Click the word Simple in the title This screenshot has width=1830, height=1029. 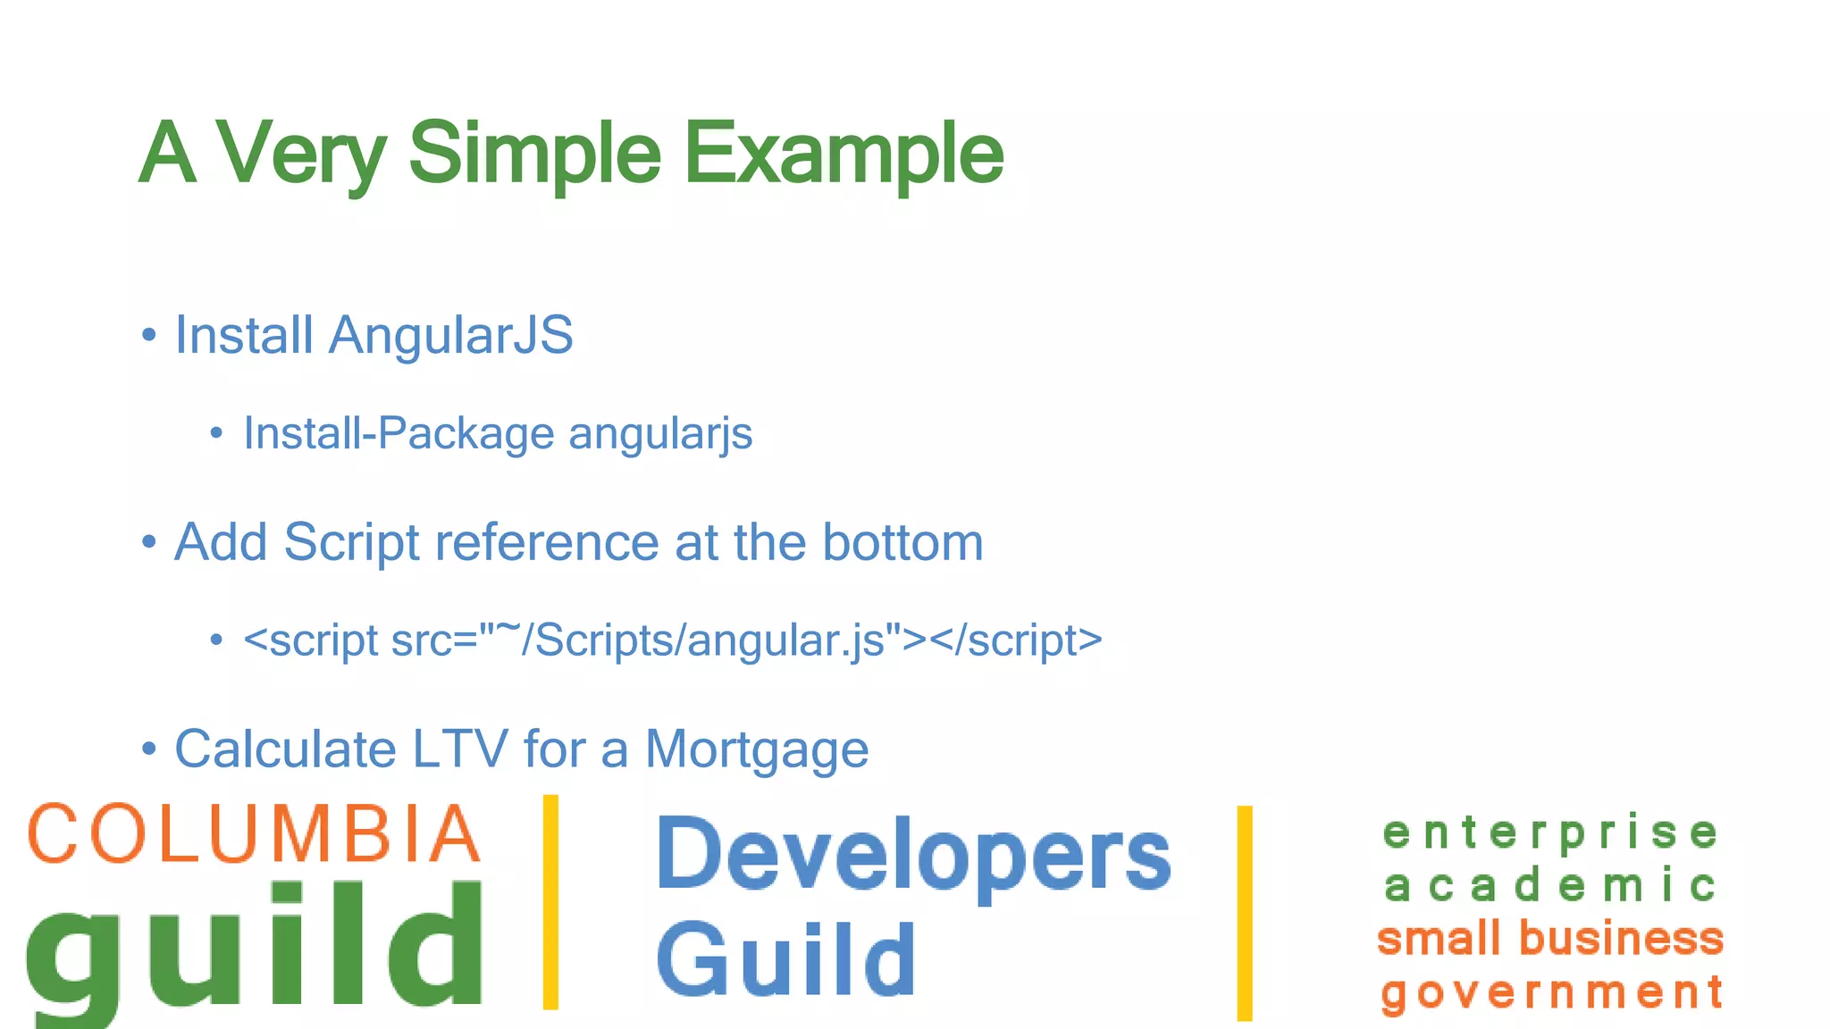[534, 154]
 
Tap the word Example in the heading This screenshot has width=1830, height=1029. [844, 154]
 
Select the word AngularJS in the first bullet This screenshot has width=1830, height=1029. [450, 336]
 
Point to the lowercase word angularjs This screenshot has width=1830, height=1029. [660, 434]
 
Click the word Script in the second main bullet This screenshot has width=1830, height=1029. [351, 543]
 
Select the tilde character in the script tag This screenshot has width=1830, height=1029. [508, 629]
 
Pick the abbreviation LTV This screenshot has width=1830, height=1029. [459, 749]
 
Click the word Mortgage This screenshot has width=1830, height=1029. [756, 750]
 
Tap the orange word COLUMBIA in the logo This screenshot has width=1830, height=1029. [254, 834]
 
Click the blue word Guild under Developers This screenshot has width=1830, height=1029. [786, 960]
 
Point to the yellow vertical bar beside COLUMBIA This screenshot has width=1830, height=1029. [550, 902]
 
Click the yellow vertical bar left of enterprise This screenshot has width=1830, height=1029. [1245, 913]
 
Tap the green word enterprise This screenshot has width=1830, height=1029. [1549, 833]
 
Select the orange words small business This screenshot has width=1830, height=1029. [1549, 939]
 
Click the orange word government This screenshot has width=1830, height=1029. [1551, 992]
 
